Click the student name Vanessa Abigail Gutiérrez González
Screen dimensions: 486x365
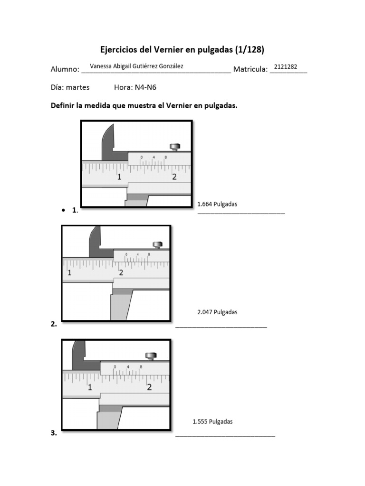136,66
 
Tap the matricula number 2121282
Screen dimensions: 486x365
286,66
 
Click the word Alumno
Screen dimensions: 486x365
64,70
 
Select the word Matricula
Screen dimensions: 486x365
250,70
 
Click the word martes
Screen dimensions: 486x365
77,87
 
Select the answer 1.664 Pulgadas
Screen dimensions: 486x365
217,204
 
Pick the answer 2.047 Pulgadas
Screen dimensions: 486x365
217,312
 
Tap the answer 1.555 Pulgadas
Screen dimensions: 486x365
212,421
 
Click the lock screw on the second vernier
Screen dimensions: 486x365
157,245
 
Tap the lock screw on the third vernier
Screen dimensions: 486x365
151,355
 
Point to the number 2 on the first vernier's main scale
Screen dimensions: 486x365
174,177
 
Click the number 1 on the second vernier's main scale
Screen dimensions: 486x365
69,273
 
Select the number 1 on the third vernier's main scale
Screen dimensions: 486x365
90,387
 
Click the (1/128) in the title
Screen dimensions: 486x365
247,49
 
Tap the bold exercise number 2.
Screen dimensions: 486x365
53,325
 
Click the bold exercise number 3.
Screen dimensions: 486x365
53,433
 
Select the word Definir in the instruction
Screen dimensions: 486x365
62,106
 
